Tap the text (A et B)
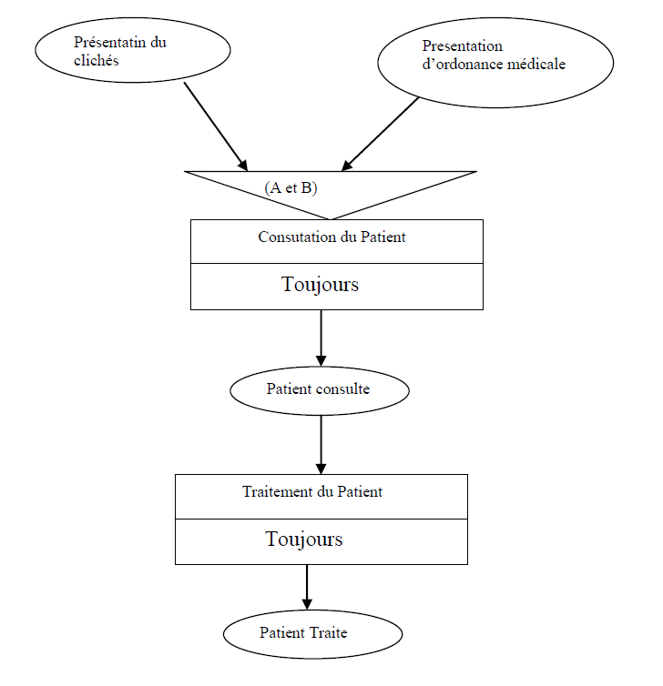click(291, 187)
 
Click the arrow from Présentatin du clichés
click(215, 126)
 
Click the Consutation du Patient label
click(331, 237)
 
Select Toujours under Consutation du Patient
click(321, 285)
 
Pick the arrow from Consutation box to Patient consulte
click(321, 337)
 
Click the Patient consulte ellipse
click(320, 390)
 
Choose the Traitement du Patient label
click(312, 492)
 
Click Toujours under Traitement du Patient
click(304, 540)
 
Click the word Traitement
click(275, 492)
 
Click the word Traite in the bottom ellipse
click(329, 632)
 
